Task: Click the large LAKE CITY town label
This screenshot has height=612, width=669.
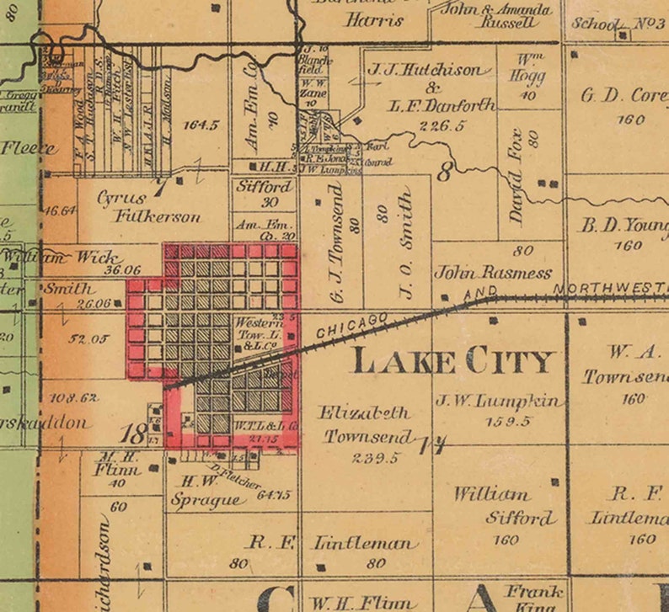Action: (453, 361)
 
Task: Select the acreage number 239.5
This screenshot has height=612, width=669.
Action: (377, 458)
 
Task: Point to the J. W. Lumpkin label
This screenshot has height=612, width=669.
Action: (500, 402)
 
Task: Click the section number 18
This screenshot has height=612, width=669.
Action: (132, 434)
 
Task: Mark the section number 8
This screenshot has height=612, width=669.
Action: (445, 173)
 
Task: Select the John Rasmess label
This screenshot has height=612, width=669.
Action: (493, 273)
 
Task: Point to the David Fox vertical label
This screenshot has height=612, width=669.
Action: (516, 176)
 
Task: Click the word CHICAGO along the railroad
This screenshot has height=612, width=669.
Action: (352, 326)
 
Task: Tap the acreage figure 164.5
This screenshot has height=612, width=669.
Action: (201, 125)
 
